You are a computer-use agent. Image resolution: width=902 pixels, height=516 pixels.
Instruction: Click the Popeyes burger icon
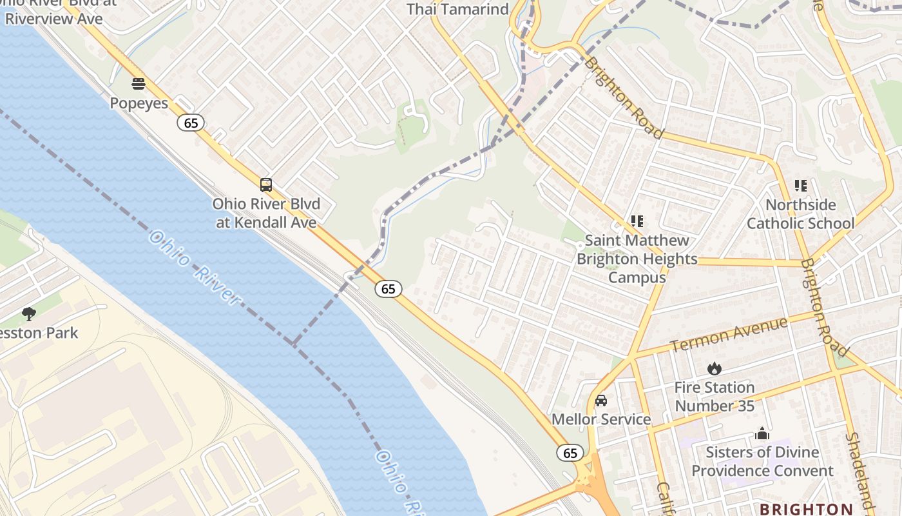(139, 83)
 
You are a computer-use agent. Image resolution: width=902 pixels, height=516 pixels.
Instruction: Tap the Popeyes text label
(139, 103)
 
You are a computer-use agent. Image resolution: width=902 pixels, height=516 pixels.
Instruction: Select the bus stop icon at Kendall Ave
(266, 185)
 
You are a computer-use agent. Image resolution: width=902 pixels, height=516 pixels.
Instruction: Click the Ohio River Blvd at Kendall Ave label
(266, 213)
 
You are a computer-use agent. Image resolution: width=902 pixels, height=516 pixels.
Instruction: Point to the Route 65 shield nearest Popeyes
(191, 123)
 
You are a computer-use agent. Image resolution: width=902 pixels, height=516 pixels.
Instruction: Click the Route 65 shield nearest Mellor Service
(570, 453)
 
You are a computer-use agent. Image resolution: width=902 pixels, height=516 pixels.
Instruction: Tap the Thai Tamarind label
(457, 9)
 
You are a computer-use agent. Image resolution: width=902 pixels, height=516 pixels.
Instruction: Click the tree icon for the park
(28, 314)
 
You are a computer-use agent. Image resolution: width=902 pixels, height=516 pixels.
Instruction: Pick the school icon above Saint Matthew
(637, 221)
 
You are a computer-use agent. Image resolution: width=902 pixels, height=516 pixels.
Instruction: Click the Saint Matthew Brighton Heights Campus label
(637, 259)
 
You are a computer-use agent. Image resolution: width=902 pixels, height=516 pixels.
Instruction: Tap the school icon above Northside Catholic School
(800, 186)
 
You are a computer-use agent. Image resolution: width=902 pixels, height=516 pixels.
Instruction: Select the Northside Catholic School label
(800, 214)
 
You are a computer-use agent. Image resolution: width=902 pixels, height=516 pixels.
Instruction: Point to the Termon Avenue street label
(729, 335)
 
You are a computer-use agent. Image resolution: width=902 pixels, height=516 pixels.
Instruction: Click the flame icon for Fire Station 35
(714, 369)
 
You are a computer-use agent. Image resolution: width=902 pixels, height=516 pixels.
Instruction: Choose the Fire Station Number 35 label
(714, 397)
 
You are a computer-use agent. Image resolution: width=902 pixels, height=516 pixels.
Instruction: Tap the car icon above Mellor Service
(601, 401)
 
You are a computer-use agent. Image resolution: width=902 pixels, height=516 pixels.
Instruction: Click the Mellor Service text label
(601, 419)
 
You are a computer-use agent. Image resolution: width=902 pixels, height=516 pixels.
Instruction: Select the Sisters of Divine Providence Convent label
(762, 461)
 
